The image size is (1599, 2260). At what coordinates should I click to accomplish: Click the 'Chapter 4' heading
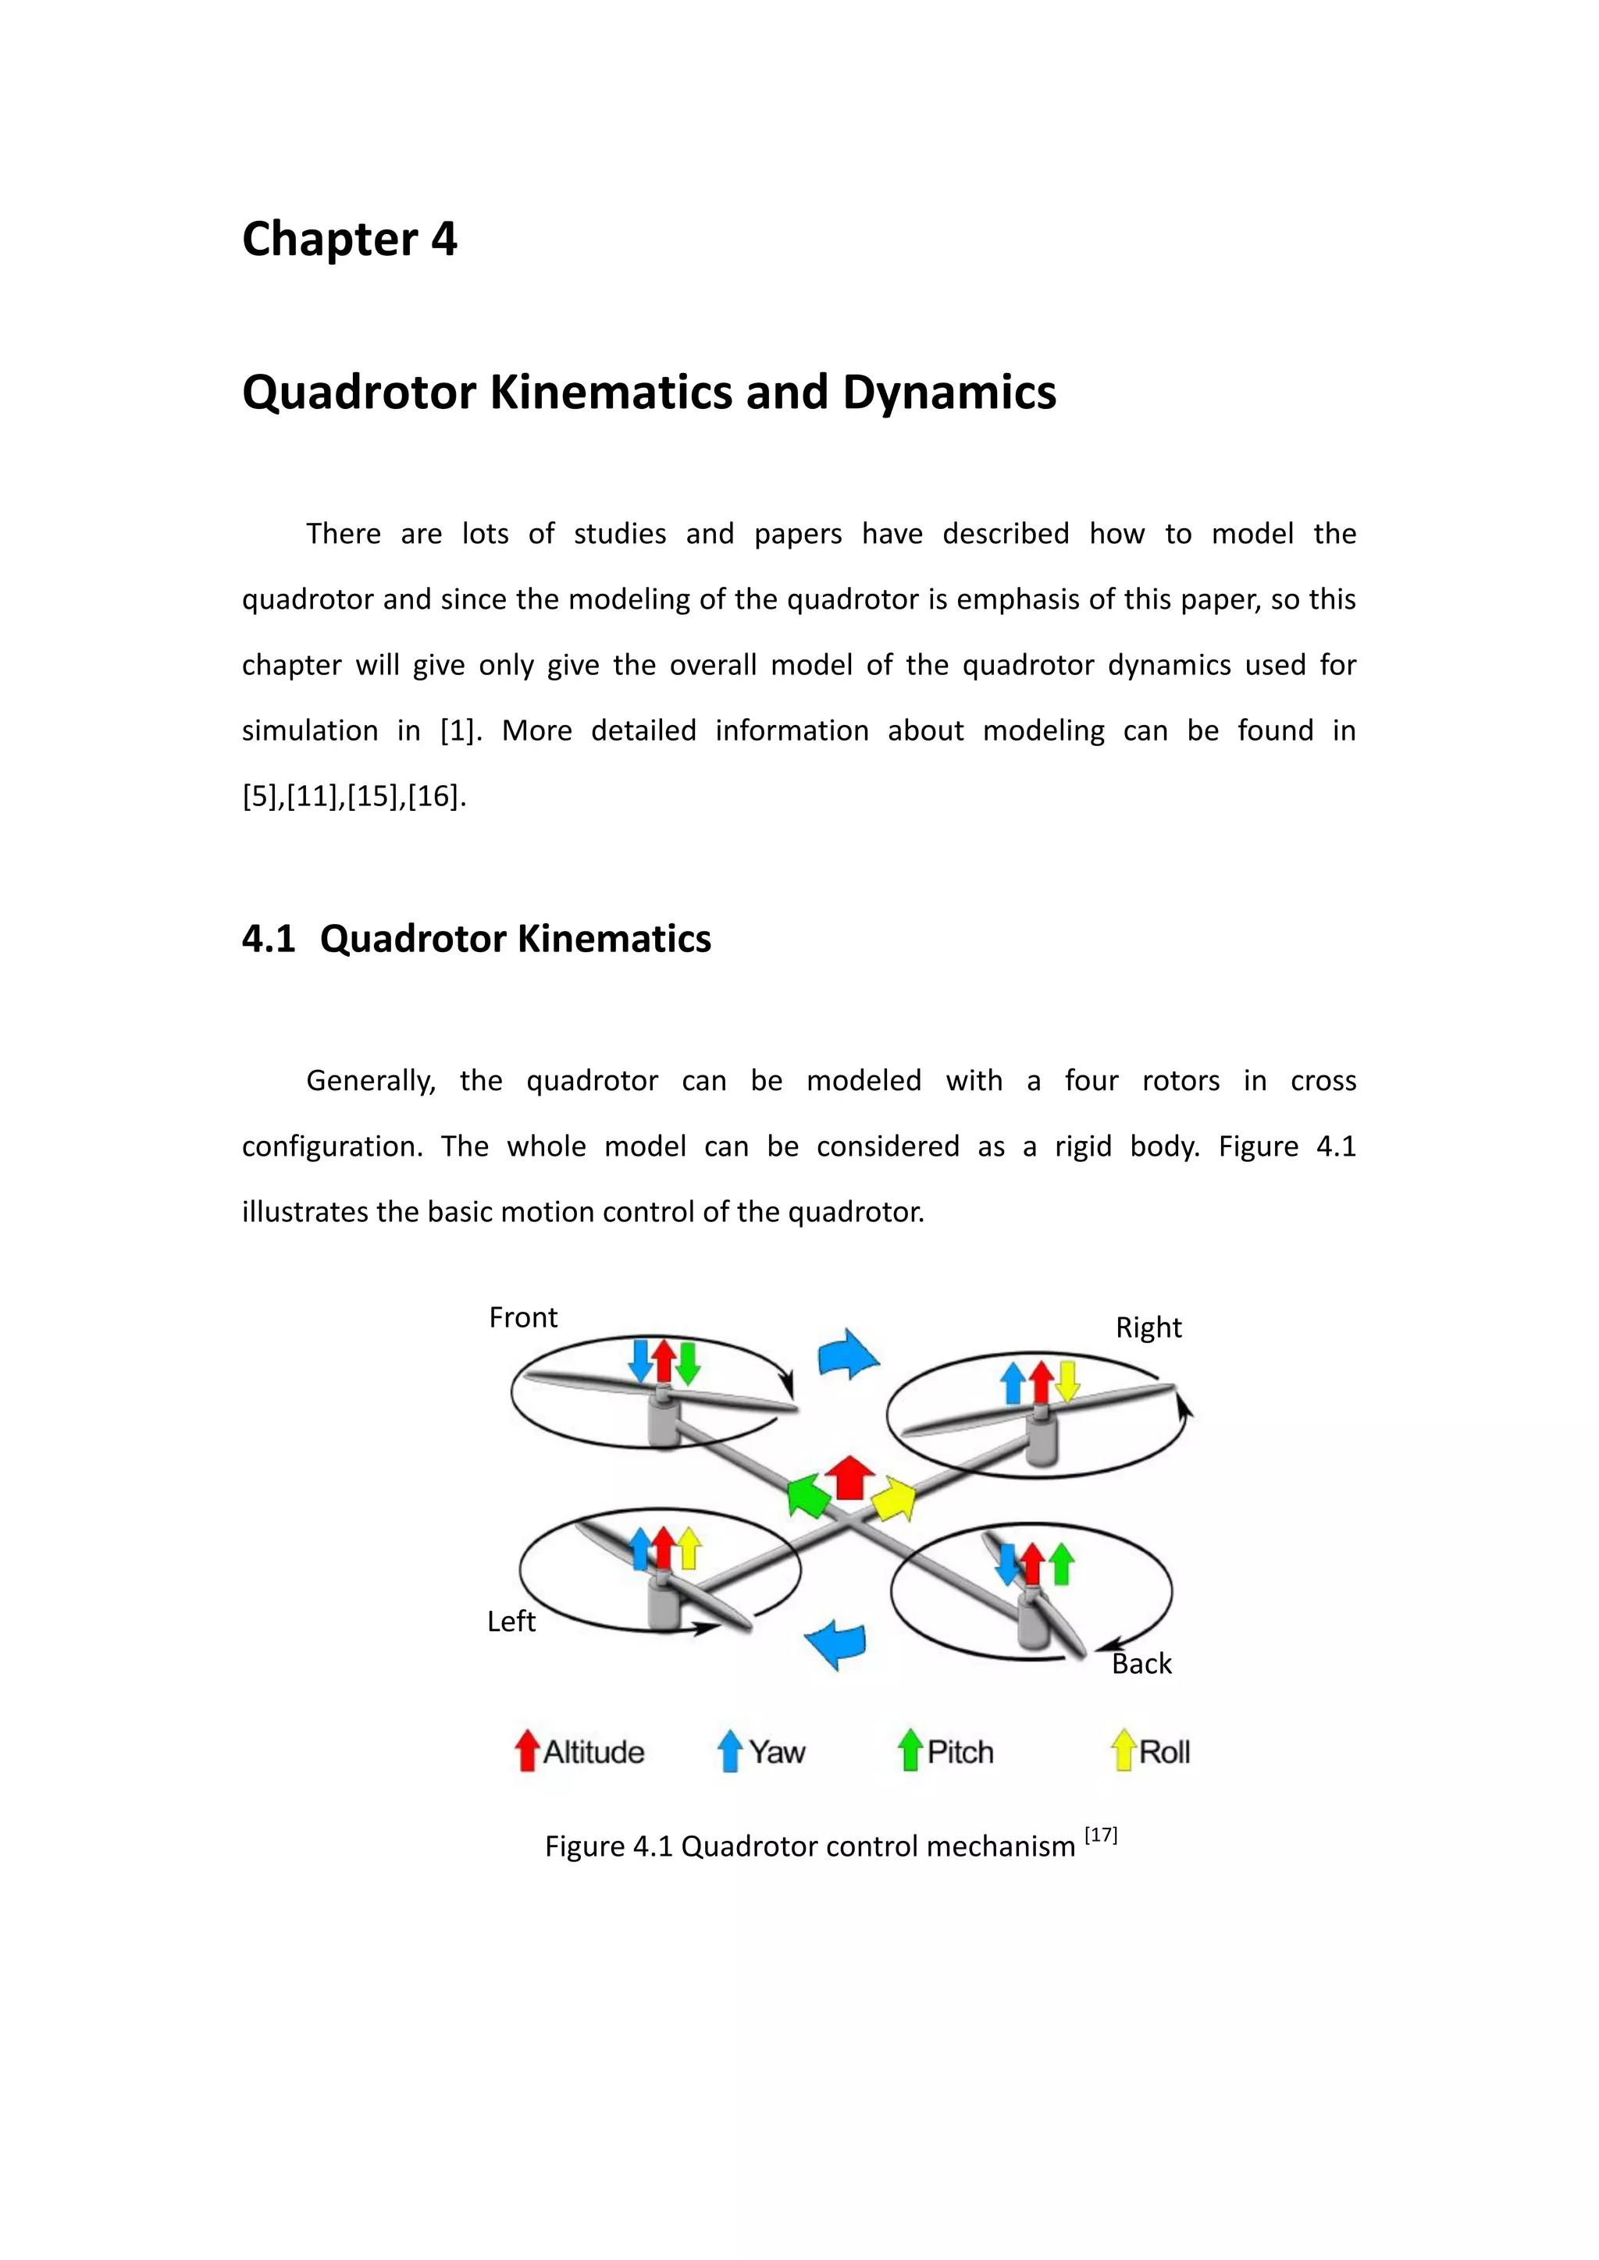click(x=350, y=240)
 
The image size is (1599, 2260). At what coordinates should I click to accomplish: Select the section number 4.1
click(x=268, y=939)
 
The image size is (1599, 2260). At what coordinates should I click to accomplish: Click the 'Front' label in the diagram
click(x=523, y=1318)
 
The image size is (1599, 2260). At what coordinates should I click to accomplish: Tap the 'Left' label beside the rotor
click(x=511, y=1621)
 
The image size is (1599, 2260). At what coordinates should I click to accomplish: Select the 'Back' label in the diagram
click(x=1141, y=1664)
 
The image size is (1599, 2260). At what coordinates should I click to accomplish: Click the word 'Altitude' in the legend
click(x=593, y=1752)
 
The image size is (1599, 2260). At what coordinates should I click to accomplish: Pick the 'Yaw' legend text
click(x=777, y=1752)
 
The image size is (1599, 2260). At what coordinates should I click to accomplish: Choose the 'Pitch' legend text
click(x=960, y=1752)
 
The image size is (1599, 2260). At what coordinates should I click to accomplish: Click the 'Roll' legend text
click(x=1164, y=1752)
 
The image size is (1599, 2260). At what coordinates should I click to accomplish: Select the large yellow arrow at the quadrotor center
click(x=893, y=1498)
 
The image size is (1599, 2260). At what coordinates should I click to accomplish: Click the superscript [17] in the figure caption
click(x=1101, y=1835)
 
